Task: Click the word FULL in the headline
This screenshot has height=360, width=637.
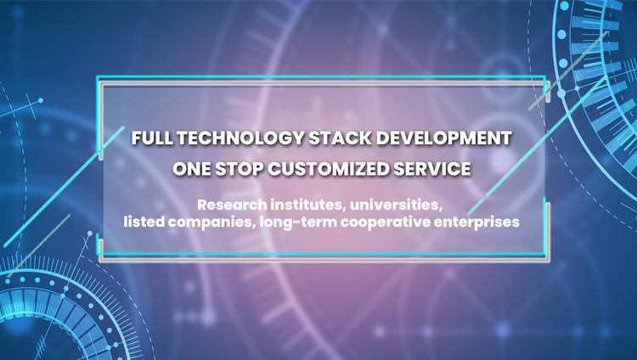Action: (152, 138)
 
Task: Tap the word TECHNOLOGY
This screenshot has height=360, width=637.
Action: (240, 138)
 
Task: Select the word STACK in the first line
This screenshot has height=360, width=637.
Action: (340, 138)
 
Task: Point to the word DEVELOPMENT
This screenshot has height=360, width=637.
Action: (443, 138)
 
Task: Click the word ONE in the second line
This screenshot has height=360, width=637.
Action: (192, 169)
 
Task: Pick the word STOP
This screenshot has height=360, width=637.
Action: (239, 169)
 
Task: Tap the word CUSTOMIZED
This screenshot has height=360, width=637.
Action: (328, 169)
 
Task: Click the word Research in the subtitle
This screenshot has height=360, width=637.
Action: (232, 205)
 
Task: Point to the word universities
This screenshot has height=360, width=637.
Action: (394, 205)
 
